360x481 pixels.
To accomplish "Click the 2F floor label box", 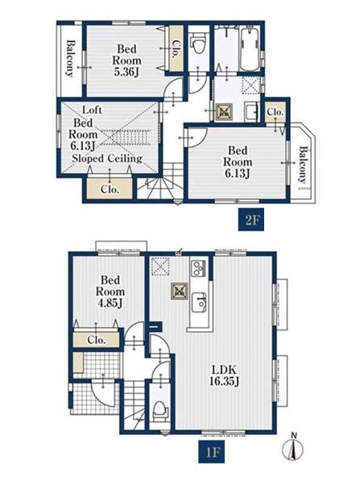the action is [x=251, y=220].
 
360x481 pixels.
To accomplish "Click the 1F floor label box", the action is [x=211, y=452].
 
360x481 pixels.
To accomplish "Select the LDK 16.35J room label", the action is [x=225, y=375].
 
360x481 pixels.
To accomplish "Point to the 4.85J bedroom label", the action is [x=110, y=292].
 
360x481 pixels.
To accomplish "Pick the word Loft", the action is [x=92, y=110].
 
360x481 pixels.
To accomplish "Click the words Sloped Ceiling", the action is [x=107, y=159].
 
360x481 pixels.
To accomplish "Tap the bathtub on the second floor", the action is [x=250, y=49].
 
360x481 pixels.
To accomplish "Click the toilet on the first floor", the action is [x=160, y=411].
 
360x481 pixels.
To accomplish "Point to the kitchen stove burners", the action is [x=198, y=267].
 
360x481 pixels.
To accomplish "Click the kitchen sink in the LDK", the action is [x=199, y=302].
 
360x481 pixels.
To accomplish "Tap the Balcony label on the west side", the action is [x=70, y=58].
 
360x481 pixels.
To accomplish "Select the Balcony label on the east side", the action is [x=303, y=164].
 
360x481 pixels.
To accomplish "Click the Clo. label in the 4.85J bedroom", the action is [x=97, y=340].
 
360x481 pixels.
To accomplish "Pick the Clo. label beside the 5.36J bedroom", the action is [x=175, y=50].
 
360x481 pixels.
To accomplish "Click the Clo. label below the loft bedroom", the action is [x=110, y=189].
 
